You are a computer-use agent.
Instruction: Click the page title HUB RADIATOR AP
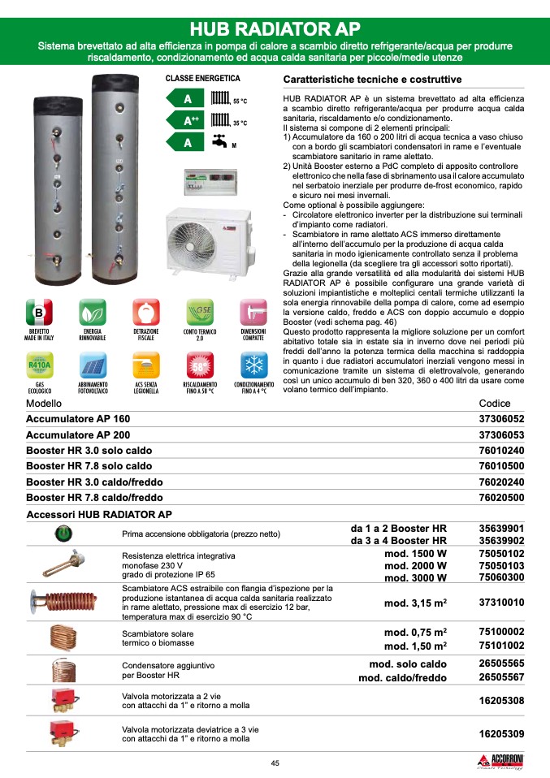275,28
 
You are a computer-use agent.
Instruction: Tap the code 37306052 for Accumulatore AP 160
501,419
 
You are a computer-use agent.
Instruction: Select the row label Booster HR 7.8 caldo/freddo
94,497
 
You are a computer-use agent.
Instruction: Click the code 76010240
501,451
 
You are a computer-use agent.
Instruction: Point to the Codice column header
495,404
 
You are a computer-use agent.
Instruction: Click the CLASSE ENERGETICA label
202,79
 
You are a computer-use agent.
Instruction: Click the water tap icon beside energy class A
219,140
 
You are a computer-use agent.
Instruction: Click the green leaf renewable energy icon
92,313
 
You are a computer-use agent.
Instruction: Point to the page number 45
275,762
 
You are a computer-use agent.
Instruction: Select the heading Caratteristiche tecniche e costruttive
371,80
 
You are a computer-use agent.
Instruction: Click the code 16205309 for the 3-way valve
501,733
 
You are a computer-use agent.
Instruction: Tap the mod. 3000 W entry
415,577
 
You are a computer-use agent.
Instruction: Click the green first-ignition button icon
63,534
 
